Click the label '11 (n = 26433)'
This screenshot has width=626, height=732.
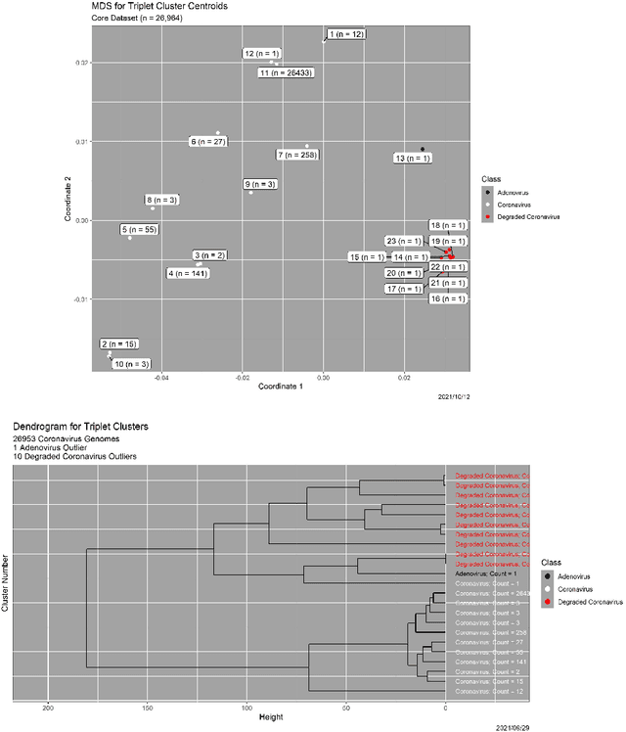(x=287, y=72)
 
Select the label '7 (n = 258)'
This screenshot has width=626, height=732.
(x=297, y=155)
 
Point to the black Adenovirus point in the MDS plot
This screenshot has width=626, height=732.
(x=423, y=149)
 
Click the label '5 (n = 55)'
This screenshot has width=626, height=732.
(x=139, y=230)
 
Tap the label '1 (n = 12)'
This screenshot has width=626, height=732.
(x=346, y=34)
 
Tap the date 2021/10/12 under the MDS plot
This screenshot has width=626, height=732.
(x=455, y=396)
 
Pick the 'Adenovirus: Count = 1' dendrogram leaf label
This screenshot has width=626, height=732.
(x=483, y=572)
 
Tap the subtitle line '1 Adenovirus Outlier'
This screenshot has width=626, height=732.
(x=56, y=448)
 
